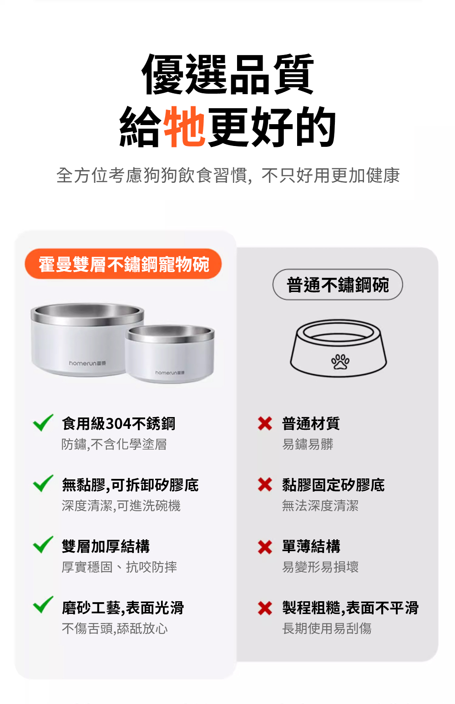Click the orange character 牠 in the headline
pyautogui.click(x=184, y=126)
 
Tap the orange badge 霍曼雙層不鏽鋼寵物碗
pyautogui.click(x=123, y=264)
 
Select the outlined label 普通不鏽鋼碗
pyautogui.click(x=338, y=284)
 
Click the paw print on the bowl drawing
pyautogui.click(x=340, y=362)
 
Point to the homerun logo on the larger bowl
pyautogui.click(x=87, y=363)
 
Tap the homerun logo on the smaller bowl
pyautogui.click(x=170, y=373)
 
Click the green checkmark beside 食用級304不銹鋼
pyautogui.click(x=43, y=422)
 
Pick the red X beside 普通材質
pyautogui.click(x=265, y=423)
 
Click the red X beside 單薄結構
pyautogui.click(x=265, y=547)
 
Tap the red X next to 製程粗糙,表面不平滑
pyautogui.click(x=265, y=608)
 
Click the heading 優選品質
pyautogui.click(x=227, y=74)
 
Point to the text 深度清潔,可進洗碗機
pyautogui.click(x=121, y=506)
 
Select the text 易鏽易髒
pyautogui.click(x=308, y=444)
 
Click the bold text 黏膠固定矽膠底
pyautogui.click(x=334, y=485)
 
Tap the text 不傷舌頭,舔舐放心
pyautogui.click(x=115, y=628)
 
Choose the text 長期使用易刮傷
pyautogui.click(x=327, y=628)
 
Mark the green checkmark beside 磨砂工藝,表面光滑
pyautogui.click(x=43, y=604)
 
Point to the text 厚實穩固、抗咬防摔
pyautogui.click(x=119, y=567)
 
